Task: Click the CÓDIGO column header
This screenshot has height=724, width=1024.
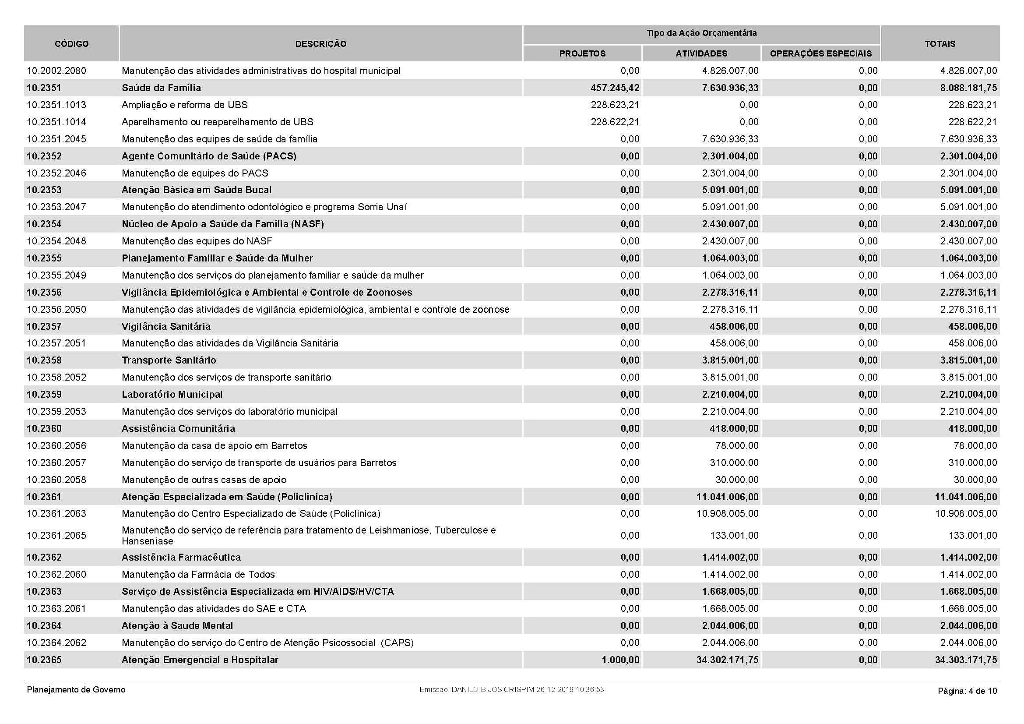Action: [x=71, y=44]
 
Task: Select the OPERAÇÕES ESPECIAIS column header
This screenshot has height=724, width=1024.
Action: [x=820, y=53]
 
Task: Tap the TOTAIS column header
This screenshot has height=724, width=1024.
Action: [x=940, y=44]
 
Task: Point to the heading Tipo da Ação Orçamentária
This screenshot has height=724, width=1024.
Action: [x=701, y=33]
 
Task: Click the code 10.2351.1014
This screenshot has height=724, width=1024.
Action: [x=56, y=122]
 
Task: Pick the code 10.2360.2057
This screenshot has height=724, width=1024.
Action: [x=56, y=463]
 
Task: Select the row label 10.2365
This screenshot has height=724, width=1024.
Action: [x=44, y=660]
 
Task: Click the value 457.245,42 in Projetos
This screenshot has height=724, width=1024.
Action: [x=615, y=88]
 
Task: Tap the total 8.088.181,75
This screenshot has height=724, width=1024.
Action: [x=968, y=88]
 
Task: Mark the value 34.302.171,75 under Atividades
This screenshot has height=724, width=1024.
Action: [x=727, y=660]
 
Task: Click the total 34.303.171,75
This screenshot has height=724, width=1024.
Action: [x=966, y=660]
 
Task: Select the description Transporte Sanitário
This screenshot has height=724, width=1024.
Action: [x=169, y=360]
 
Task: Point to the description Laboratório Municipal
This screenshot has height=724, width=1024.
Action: [x=172, y=394]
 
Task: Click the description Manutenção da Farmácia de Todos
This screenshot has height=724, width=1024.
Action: [x=198, y=574]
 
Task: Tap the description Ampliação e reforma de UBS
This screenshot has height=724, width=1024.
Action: [x=185, y=105]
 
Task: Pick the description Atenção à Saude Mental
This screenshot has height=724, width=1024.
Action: [x=177, y=625]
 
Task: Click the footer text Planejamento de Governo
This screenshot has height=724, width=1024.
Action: [x=76, y=690]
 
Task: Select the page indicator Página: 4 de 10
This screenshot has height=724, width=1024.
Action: [x=967, y=691]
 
